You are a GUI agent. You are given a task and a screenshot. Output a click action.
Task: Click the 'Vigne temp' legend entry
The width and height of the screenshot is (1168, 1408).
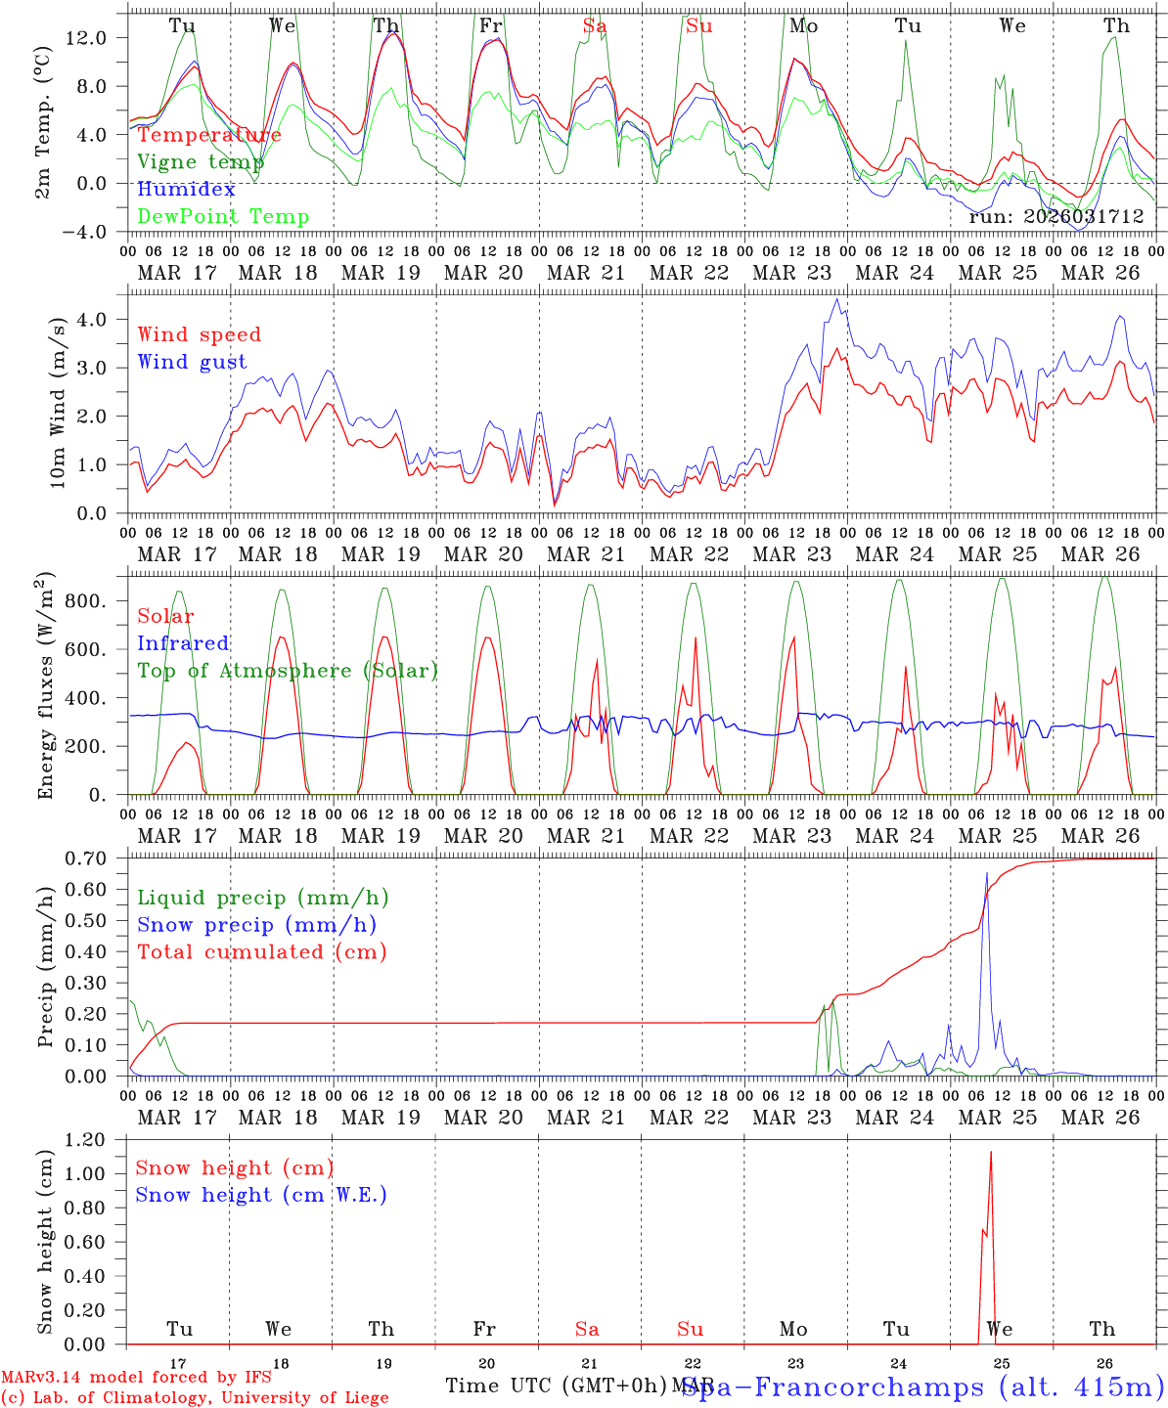[201, 162]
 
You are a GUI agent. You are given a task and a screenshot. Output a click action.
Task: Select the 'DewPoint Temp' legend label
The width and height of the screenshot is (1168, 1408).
[223, 217]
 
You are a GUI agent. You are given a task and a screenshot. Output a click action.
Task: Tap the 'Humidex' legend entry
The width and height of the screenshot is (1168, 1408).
[186, 190]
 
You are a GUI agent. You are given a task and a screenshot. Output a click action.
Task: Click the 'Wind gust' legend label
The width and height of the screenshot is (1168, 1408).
[192, 362]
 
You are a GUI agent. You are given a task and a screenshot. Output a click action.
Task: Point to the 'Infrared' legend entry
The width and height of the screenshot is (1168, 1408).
[183, 643]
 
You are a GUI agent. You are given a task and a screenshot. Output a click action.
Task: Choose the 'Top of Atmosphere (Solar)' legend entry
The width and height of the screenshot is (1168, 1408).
[288, 671]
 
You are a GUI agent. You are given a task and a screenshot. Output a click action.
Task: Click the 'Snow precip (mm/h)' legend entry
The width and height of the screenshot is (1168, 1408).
[256, 925]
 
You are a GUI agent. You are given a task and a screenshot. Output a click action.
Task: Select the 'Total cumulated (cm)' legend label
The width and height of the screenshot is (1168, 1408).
[261, 952]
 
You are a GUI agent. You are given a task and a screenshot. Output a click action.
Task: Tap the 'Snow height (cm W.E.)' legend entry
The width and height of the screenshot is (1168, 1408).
[261, 1195]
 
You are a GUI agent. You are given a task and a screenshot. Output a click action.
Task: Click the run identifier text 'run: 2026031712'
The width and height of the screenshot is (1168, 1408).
[1056, 217]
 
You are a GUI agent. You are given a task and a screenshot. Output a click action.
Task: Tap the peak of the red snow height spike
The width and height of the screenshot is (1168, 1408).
[990, 1152]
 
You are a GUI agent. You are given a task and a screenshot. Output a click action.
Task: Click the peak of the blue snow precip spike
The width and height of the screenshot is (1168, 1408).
[986, 873]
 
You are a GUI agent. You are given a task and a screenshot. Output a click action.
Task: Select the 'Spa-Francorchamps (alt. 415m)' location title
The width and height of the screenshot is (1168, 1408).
[922, 1386]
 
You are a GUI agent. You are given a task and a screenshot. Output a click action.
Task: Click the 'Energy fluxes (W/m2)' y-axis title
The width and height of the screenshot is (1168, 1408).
[46, 684]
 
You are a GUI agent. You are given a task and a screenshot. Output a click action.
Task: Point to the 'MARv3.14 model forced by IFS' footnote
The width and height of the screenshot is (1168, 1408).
[136, 1378]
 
